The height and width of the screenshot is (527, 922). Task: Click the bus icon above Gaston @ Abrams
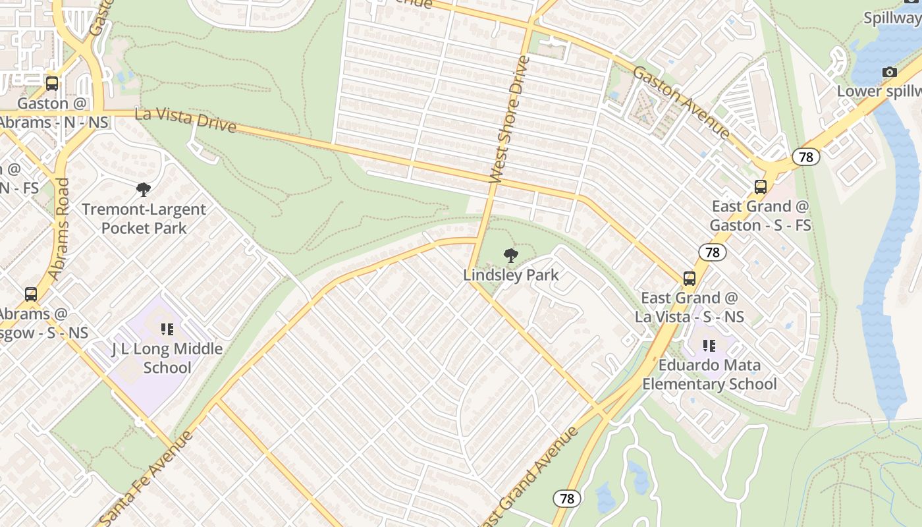52,84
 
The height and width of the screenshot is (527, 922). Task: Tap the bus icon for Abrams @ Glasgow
31,294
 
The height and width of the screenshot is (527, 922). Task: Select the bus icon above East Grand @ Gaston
761,186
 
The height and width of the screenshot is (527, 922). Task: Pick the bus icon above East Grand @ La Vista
690,278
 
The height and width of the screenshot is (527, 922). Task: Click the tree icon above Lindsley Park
510,256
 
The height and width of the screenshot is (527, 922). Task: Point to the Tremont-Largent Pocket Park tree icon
144,190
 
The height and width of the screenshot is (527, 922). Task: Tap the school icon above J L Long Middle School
167,329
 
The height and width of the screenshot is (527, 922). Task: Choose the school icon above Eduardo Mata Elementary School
709,345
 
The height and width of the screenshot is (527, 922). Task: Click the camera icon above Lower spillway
889,72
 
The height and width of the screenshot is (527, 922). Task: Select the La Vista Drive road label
185,120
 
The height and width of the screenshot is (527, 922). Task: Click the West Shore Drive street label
510,119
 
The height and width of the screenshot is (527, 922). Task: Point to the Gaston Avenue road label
682,101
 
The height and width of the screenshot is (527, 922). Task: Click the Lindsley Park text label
511,275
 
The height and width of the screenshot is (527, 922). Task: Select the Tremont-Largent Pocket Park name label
144,219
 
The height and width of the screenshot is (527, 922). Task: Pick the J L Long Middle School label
167,358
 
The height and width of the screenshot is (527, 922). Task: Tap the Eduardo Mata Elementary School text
710,374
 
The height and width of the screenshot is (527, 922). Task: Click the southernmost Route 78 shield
566,499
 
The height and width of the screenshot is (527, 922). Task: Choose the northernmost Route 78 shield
805,157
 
